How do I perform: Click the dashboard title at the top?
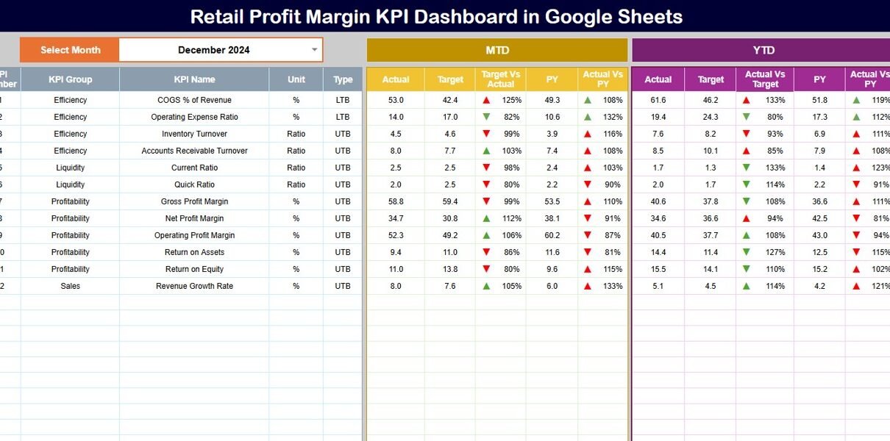(436, 16)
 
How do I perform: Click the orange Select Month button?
(70, 50)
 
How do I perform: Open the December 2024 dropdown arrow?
(314, 50)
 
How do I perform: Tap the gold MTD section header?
(497, 50)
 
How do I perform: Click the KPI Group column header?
(71, 79)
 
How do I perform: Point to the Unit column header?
(296, 79)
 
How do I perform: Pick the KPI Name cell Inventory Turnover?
(194, 134)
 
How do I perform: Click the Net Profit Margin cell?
(194, 218)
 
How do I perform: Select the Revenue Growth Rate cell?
(194, 286)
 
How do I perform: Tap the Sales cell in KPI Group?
(71, 286)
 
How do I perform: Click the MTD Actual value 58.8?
(396, 201)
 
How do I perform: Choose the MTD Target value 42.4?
(450, 100)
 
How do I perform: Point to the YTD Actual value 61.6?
(658, 100)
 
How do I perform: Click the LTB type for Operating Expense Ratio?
(343, 117)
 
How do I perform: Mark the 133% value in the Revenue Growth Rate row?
(613, 286)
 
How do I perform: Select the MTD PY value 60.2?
(552, 235)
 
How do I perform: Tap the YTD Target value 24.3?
(711, 117)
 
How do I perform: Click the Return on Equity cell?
(194, 269)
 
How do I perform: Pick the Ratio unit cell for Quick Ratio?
(296, 184)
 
